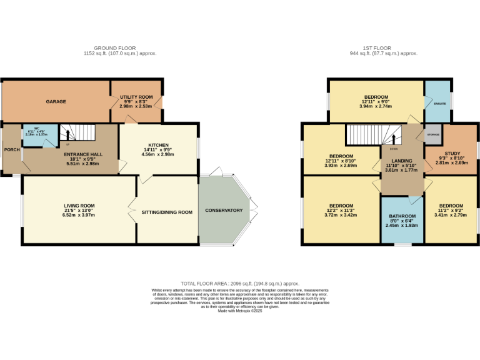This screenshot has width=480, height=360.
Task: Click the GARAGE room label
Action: click(x=56, y=101)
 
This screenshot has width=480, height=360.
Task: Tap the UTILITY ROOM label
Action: click(x=136, y=97)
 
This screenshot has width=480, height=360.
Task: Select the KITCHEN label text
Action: click(x=158, y=145)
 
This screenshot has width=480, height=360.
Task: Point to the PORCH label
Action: click(x=11, y=150)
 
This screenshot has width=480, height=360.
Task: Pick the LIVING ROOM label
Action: click(x=79, y=206)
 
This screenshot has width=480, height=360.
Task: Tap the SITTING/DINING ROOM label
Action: click(x=167, y=212)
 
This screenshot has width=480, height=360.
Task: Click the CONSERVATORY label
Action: click(x=224, y=211)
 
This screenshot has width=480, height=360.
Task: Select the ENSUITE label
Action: click(x=439, y=102)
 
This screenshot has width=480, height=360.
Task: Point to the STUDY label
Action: click(x=452, y=154)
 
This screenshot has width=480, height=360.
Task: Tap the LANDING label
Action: click(x=401, y=160)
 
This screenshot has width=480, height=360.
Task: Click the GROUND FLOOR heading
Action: click(x=119, y=48)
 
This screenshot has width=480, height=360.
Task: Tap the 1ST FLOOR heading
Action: click(x=382, y=48)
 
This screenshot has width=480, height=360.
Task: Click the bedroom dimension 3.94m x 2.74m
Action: click(x=375, y=106)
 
